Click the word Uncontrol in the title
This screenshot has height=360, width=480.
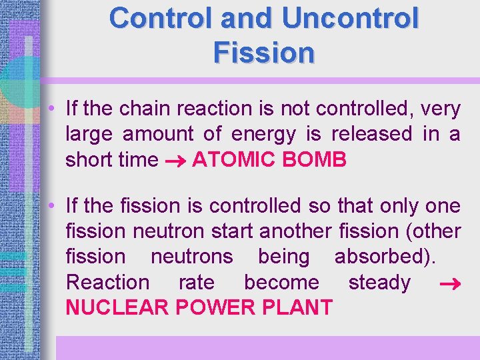tap(351, 19)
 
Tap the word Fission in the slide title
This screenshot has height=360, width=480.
tap(264, 52)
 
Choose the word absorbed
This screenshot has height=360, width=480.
tap(394, 257)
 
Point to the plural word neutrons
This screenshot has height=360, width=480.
tap(192, 257)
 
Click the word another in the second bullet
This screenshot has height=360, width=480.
tap(295, 231)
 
